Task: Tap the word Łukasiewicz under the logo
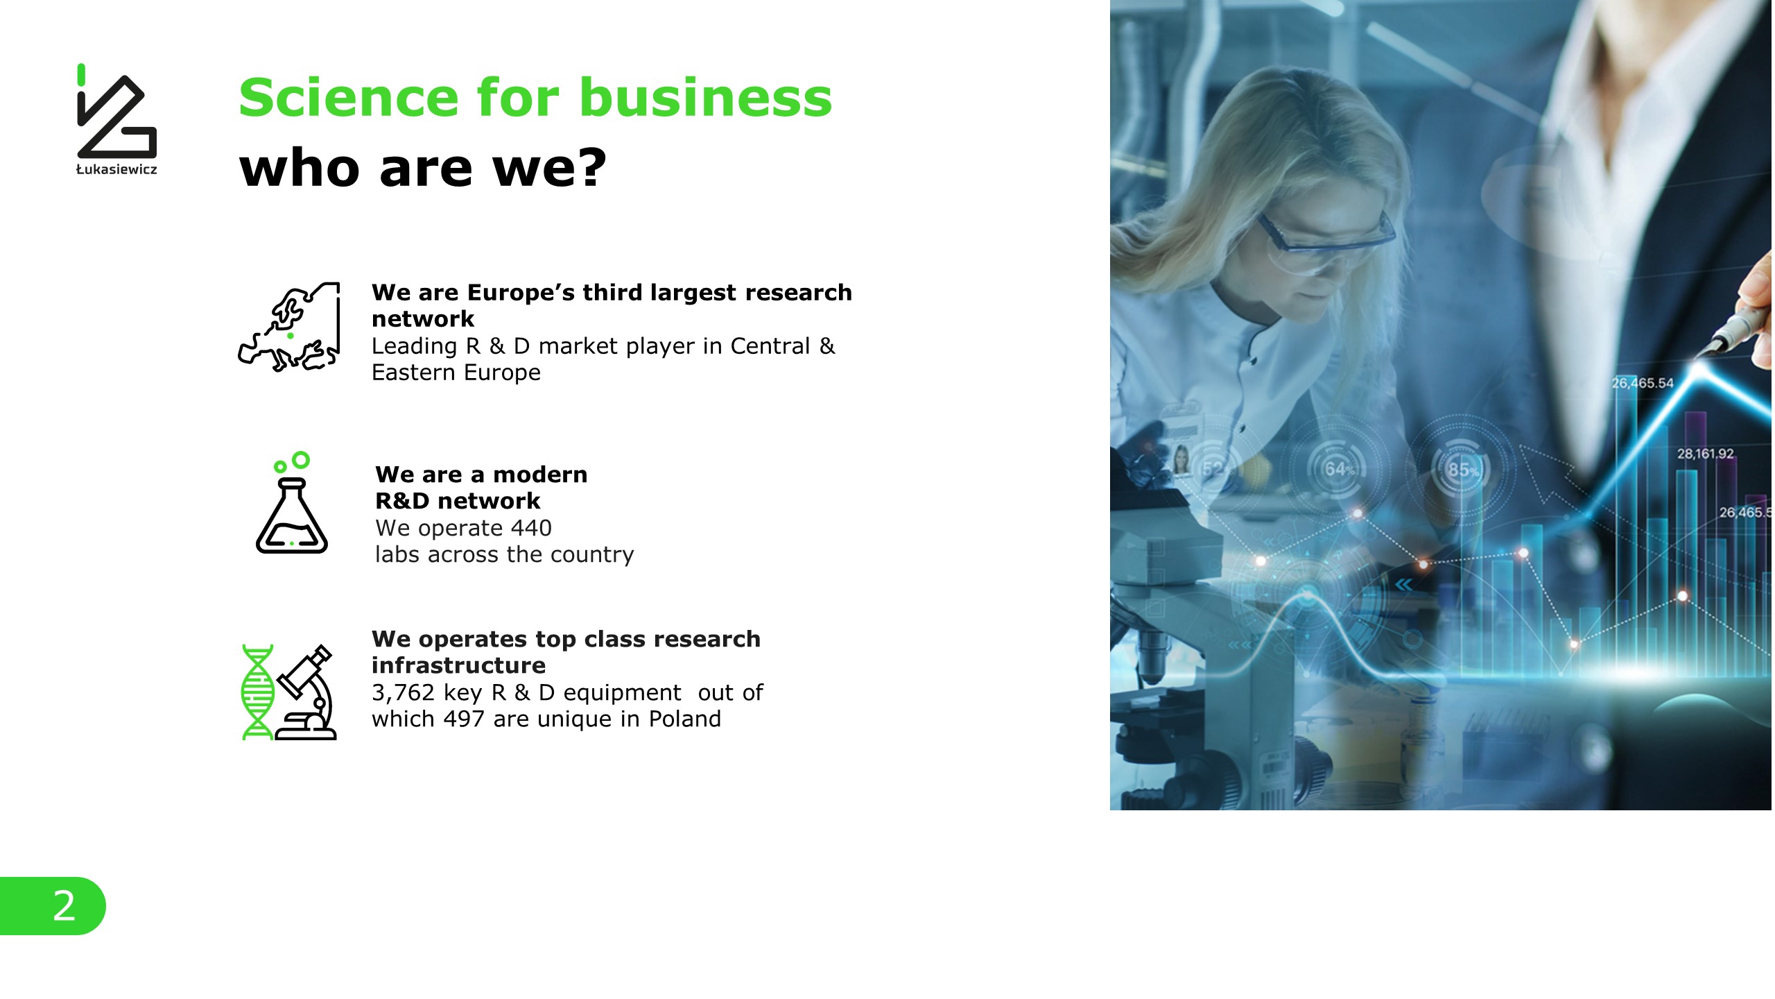point(116,170)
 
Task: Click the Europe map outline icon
point(289,327)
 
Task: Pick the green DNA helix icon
point(257,692)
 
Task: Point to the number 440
point(531,528)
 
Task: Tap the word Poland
point(685,719)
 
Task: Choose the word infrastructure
point(459,665)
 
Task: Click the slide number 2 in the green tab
point(64,905)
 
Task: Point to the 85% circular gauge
point(1461,468)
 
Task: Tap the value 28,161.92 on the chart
point(1705,454)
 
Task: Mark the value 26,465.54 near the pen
point(1643,383)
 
